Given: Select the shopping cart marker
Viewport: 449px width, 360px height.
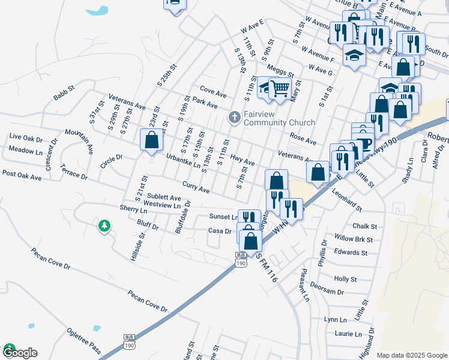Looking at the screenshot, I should click(x=279, y=89).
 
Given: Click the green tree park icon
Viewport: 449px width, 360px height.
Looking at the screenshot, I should click(x=104, y=226).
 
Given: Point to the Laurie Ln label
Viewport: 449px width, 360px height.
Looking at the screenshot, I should click(x=349, y=334).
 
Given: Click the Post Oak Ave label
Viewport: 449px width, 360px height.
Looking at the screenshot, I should click(x=22, y=175).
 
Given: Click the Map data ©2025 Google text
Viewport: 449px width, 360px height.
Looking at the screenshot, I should click(x=411, y=355).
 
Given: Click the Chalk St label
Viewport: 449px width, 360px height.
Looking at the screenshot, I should click(x=365, y=226).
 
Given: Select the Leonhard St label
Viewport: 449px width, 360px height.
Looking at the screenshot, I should click(x=348, y=202).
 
